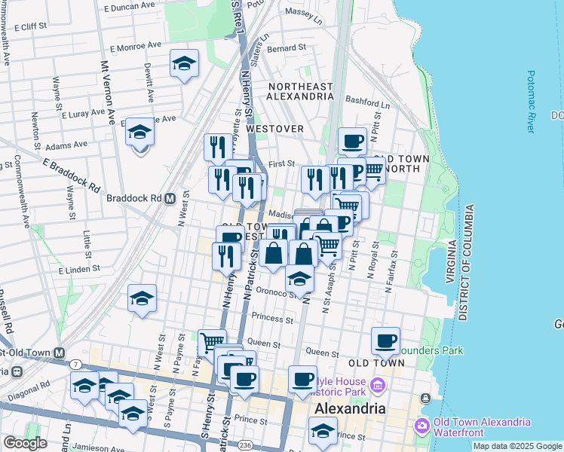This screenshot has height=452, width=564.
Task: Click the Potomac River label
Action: pos(531,102)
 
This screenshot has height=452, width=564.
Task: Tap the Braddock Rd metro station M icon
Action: pos(170,199)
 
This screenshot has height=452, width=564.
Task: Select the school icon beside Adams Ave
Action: pos(139,133)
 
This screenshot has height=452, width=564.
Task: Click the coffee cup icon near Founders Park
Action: pos(385,341)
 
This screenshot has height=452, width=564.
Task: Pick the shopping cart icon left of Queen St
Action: pos(212,343)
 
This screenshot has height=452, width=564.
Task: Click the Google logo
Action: pos(25,442)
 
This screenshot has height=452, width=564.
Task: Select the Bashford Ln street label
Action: pos(366,100)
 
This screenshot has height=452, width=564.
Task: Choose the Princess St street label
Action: pos(273,319)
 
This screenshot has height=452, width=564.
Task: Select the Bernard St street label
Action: pos(287,48)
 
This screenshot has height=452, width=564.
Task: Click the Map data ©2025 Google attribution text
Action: pos(516,446)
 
